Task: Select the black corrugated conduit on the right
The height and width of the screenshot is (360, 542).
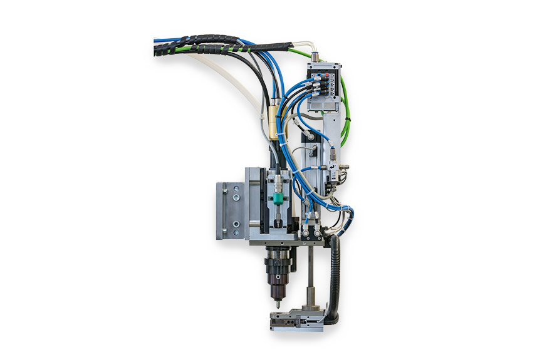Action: tap(335, 275)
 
